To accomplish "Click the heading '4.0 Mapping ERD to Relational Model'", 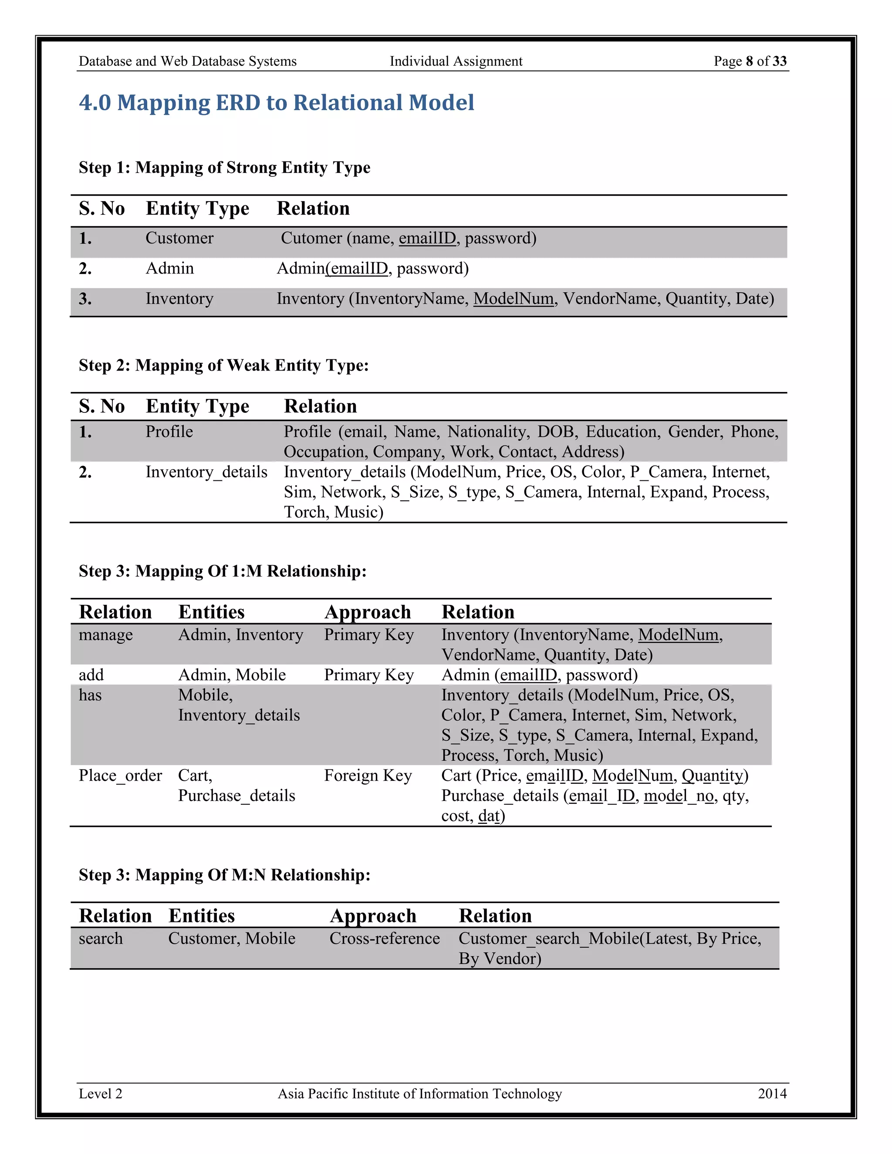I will tap(277, 102).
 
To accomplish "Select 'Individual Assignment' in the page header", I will tap(456, 61).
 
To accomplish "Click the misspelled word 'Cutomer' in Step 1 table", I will tap(311, 238).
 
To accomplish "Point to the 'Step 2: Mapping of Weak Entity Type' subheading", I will tap(223, 365).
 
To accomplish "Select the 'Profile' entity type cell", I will tap(169, 432).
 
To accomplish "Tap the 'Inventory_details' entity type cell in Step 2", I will tap(206, 472).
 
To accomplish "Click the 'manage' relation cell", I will tap(106, 634).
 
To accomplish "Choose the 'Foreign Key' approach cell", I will tap(368, 776).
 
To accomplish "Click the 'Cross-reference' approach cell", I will tap(384, 938).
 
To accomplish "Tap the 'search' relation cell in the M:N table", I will tap(101, 938).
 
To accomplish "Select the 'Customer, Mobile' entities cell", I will tap(231, 938).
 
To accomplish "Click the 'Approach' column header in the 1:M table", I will tap(367, 612).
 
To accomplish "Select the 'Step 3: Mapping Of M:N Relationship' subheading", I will tap(224, 875).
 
